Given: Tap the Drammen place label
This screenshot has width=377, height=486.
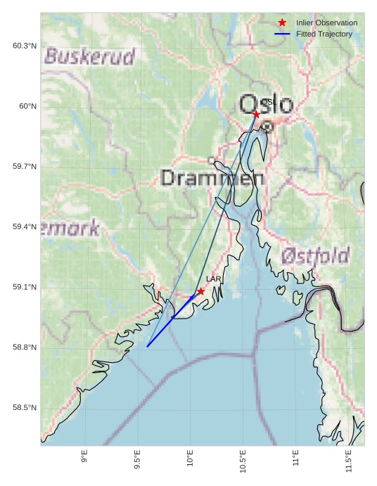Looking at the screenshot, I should point(212,177).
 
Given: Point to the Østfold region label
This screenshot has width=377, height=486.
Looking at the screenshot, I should point(315,256).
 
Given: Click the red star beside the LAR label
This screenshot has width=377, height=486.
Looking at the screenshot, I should point(201,291).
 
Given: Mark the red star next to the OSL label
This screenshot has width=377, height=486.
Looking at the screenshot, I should point(256,114).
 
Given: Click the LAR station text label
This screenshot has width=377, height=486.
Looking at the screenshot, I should point(213,279).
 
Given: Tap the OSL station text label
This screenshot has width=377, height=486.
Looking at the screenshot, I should point(267,102).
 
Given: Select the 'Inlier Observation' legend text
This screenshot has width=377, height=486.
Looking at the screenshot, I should point(326,23).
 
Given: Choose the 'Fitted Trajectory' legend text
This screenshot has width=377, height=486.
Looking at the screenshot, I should point(324,34).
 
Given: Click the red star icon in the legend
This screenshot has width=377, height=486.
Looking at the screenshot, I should point(282,23).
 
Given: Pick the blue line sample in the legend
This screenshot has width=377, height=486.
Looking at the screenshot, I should point(282,34).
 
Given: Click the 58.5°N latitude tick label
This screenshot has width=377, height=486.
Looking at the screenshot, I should point(25,408).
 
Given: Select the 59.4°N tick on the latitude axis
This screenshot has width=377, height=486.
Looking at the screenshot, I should point(25,226).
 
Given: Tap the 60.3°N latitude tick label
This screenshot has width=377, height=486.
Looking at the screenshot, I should point(25,46).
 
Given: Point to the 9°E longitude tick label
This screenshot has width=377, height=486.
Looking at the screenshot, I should point(84,457).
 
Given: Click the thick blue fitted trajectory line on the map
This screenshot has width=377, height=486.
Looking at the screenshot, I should point(169,321).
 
